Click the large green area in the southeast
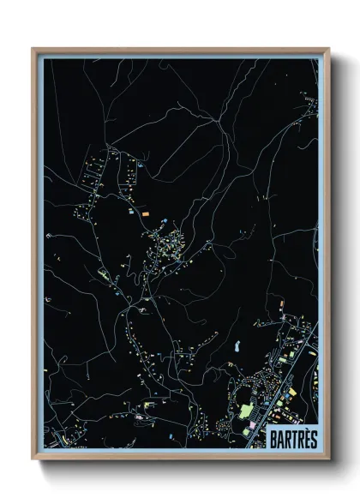247,411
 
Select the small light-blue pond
237,347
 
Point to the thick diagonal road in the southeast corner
296,360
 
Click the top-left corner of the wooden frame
33,49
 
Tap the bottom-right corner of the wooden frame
328,458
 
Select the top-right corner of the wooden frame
328,49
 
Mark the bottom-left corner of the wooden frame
33,458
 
